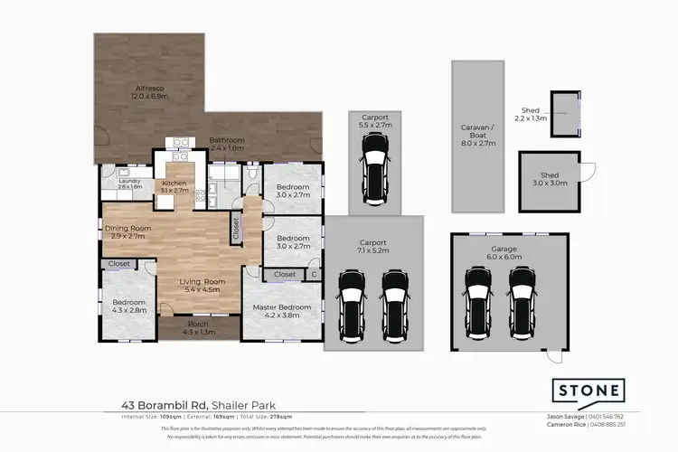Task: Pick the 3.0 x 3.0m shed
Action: pos(550,178)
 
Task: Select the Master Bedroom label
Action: pos(281,307)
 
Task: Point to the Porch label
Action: pos(197,324)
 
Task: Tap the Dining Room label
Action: pos(127,229)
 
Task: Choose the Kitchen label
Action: pos(174,183)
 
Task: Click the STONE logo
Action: pos(589,391)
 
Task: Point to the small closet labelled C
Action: pos(314,274)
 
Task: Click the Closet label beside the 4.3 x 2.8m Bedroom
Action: pos(118,264)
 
